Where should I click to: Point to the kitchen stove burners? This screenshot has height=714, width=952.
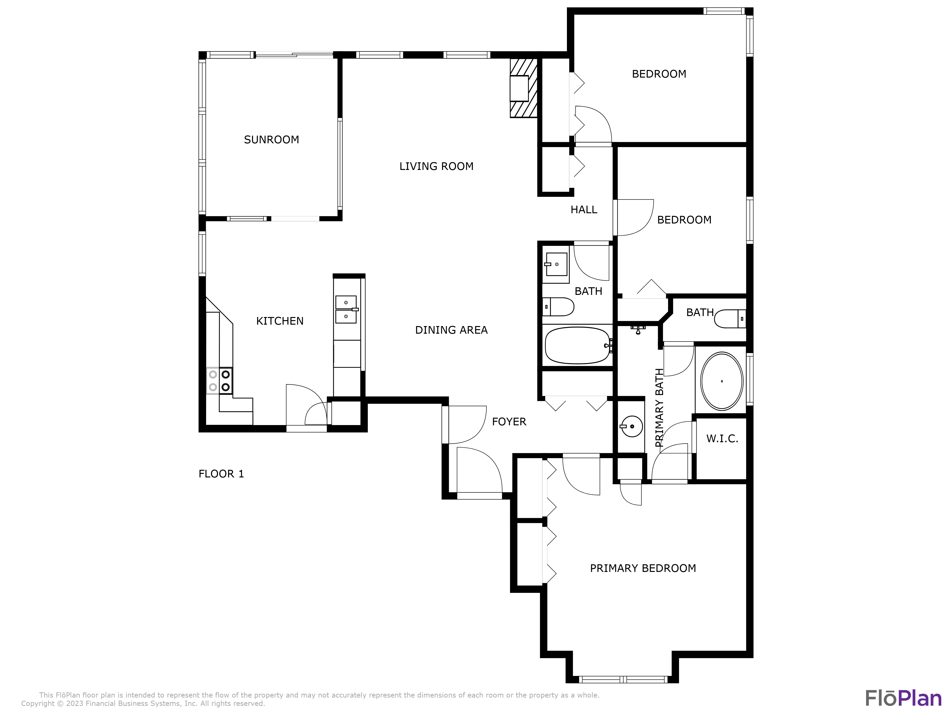[x=219, y=381]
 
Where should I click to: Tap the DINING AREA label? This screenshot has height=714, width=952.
[x=451, y=330]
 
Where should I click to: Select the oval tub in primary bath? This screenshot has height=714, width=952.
[x=721, y=381]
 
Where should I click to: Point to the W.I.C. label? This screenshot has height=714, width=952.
[x=722, y=439]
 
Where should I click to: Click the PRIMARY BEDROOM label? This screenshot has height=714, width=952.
[x=643, y=569]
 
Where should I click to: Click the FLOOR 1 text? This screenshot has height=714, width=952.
[x=221, y=474]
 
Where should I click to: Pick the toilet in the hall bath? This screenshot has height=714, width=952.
[x=558, y=307]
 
